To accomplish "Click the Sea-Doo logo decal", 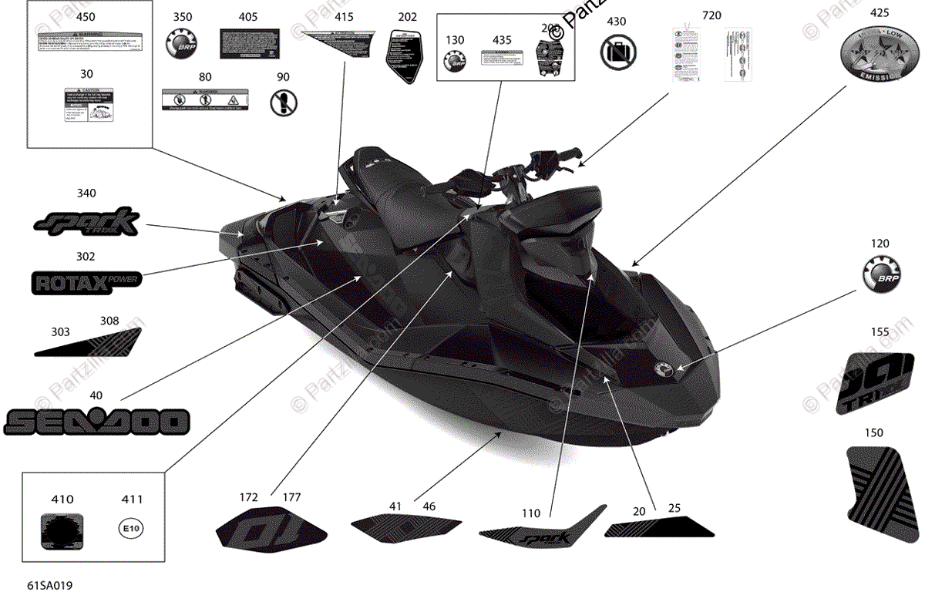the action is click(97, 422).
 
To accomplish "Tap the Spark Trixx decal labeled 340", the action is click(86, 223).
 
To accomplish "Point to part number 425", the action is click(879, 12).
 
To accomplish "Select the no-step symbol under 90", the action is click(284, 101).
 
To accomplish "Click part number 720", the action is click(711, 15).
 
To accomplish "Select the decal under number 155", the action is click(880, 383).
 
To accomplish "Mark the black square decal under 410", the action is click(62, 529).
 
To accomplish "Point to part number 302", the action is click(86, 257).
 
